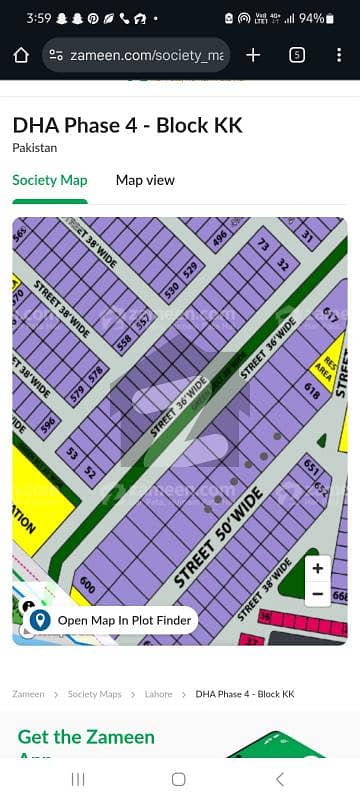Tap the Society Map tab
tap(49, 180)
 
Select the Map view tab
tap(145, 180)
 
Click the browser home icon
tap(21, 55)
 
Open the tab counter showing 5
tap(297, 55)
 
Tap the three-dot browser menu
tap(339, 55)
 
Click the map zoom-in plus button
tap(317, 568)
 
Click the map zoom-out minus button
tap(317, 593)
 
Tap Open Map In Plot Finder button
tap(111, 620)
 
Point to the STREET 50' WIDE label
tap(218, 537)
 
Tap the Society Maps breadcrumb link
tap(95, 694)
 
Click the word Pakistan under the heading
tap(35, 147)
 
